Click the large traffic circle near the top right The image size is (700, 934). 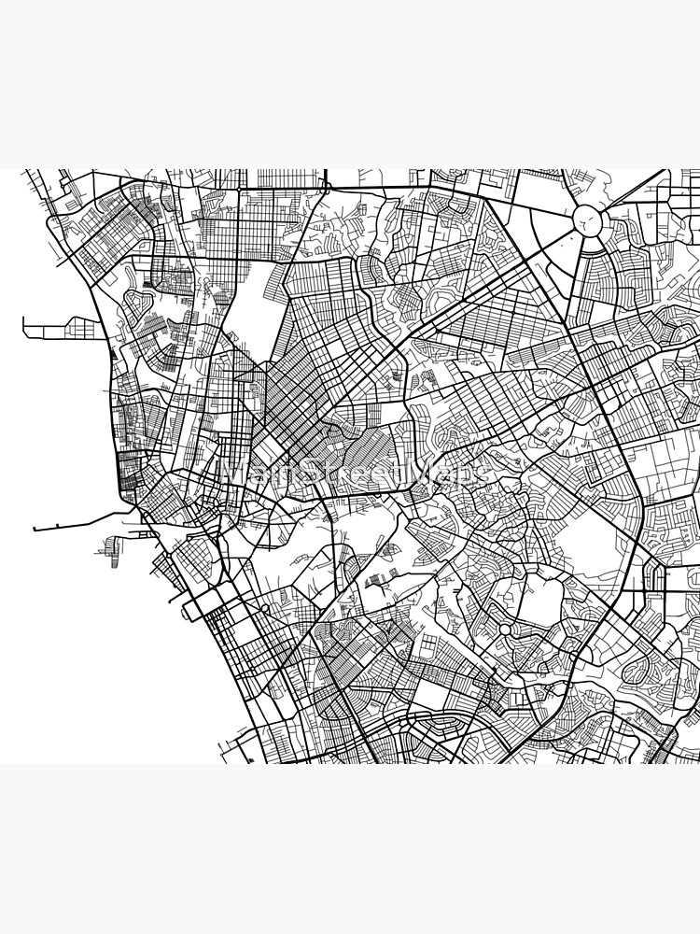(586, 222)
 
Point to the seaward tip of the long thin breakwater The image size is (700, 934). (35, 529)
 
